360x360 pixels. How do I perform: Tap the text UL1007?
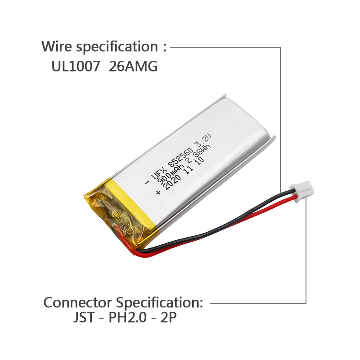76,66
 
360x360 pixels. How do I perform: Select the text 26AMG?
133,66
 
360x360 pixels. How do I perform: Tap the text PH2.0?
127,318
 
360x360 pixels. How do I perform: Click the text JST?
84,318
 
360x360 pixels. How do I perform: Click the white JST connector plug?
302,191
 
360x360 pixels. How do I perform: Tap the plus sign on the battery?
158,192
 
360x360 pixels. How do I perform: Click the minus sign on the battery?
147,183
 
